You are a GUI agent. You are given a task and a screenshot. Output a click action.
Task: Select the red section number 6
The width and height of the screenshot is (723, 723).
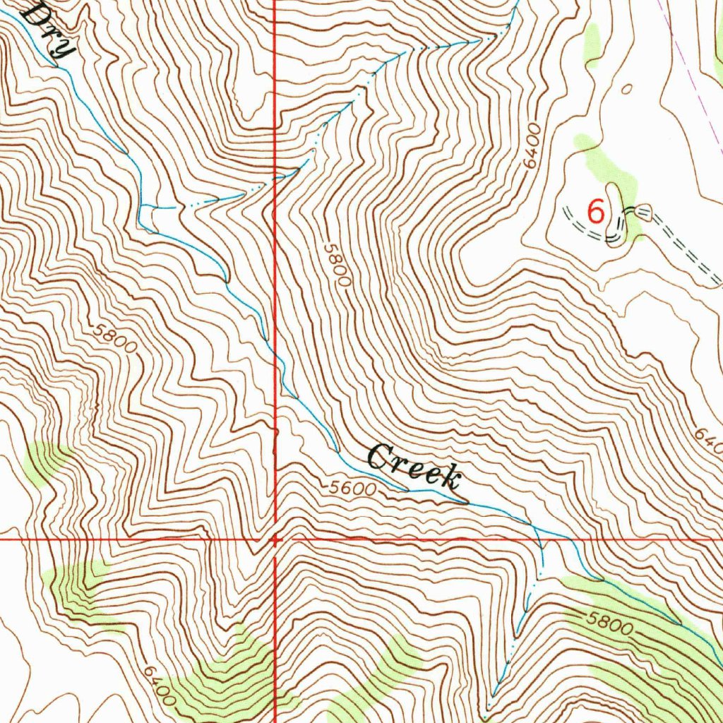(x=597, y=212)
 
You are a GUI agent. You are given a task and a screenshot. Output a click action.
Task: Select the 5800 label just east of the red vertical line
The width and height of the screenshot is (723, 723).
(x=337, y=264)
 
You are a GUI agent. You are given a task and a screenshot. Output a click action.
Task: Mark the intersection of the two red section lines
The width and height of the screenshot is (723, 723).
(x=275, y=539)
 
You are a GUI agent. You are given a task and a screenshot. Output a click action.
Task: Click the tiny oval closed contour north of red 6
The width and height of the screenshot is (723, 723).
(x=626, y=89)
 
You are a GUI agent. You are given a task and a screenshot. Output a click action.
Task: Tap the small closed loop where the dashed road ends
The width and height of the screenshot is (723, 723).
(x=643, y=210)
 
